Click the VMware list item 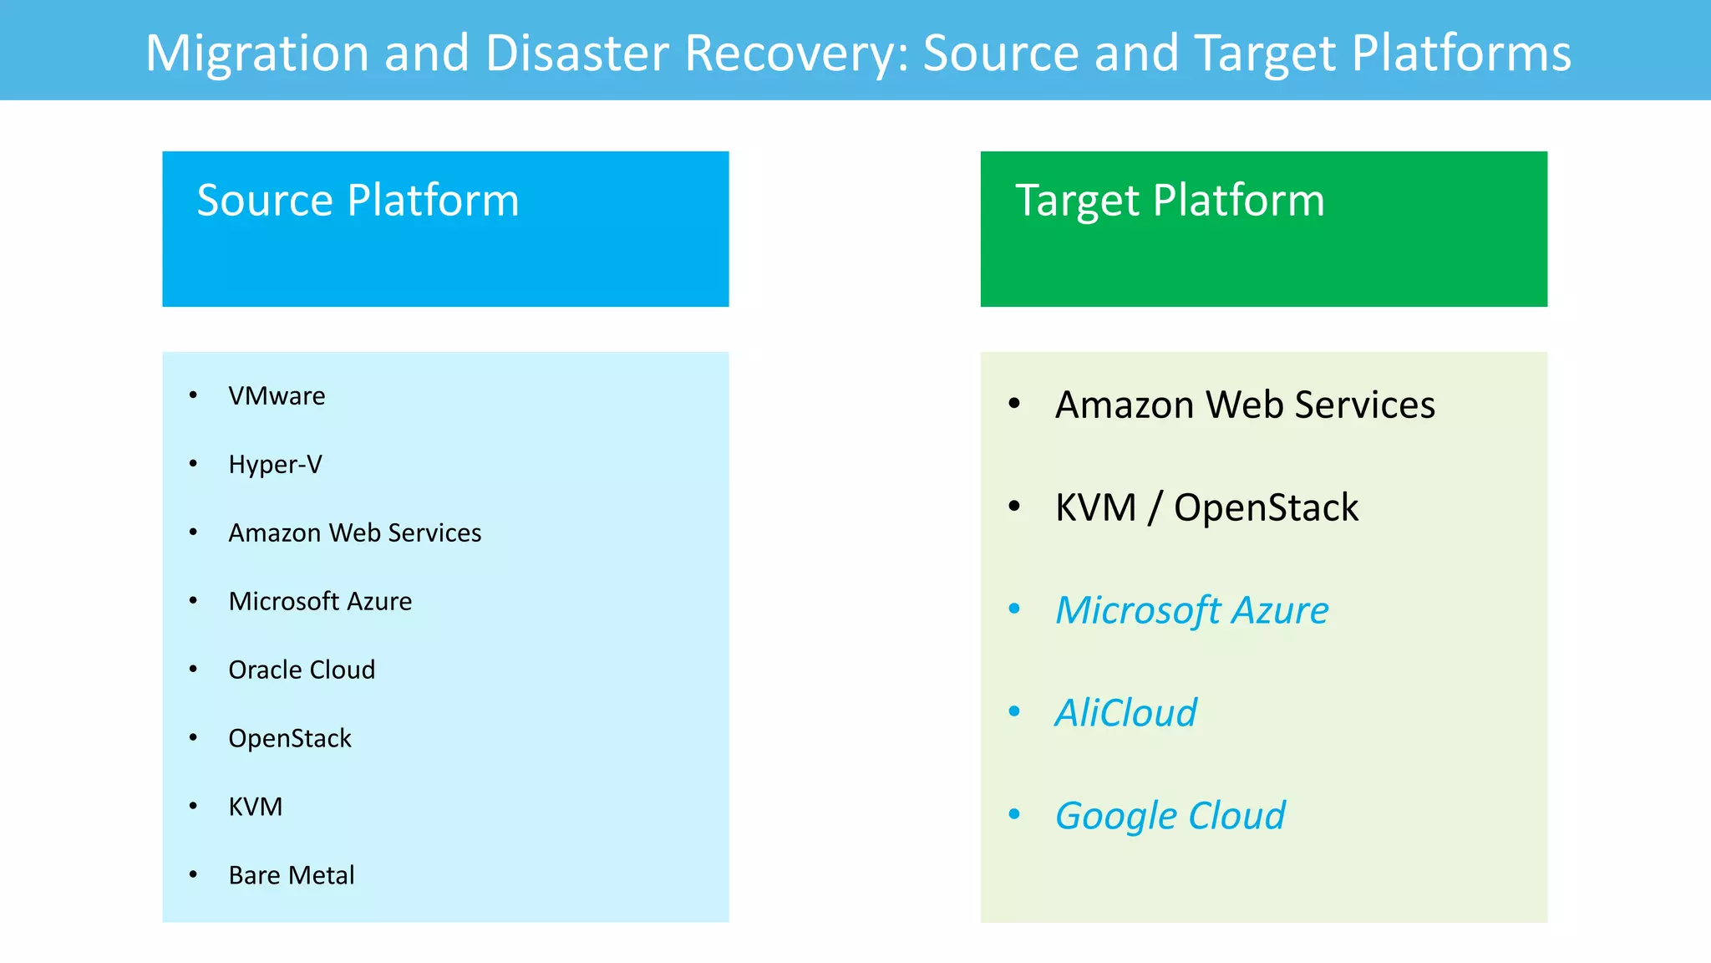coord(277,395)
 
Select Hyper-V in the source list coord(275,464)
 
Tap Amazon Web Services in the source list coord(354,532)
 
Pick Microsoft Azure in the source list coord(320,601)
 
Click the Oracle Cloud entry coord(302,670)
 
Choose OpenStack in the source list coord(290,738)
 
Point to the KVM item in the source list coord(255,807)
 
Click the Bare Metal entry coord(292,875)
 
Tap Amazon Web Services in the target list coord(1245,405)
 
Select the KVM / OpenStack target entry coord(1206,507)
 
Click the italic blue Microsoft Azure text coord(1191,610)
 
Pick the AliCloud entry coord(1125,713)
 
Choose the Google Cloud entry coord(1170,816)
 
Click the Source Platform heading coord(358,201)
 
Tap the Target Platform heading coord(1170,201)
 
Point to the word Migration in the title coord(257,53)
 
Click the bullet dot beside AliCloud coord(1014,711)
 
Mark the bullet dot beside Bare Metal coord(193,874)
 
